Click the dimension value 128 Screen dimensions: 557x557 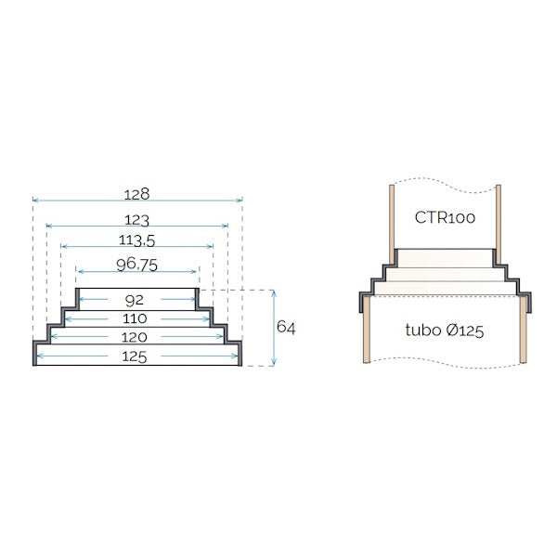click(x=137, y=195)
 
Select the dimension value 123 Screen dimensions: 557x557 click(x=137, y=220)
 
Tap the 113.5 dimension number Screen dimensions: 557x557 click(x=137, y=241)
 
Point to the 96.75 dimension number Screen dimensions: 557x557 click(x=137, y=265)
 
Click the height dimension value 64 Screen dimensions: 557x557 click(x=286, y=328)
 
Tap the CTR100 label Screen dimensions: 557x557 click(x=445, y=219)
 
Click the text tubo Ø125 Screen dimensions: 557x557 click(x=444, y=330)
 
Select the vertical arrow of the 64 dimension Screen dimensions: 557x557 click(x=273, y=328)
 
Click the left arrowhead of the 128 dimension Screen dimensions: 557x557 click(x=35, y=200)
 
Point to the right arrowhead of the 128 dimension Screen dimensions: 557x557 click(x=240, y=200)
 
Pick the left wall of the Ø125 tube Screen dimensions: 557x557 click(x=368, y=330)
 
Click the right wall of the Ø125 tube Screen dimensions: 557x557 click(x=524, y=330)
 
